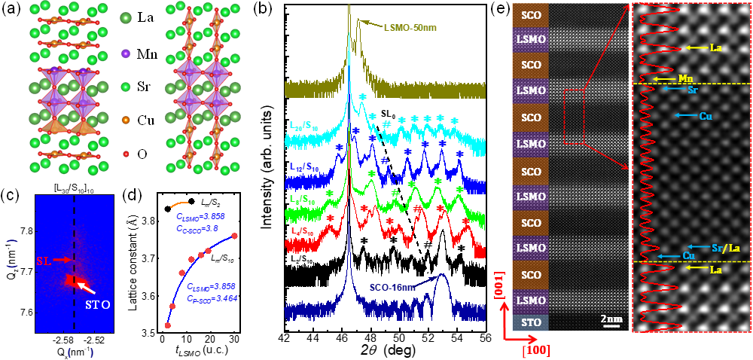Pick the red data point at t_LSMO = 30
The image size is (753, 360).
[x=234, y=236]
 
